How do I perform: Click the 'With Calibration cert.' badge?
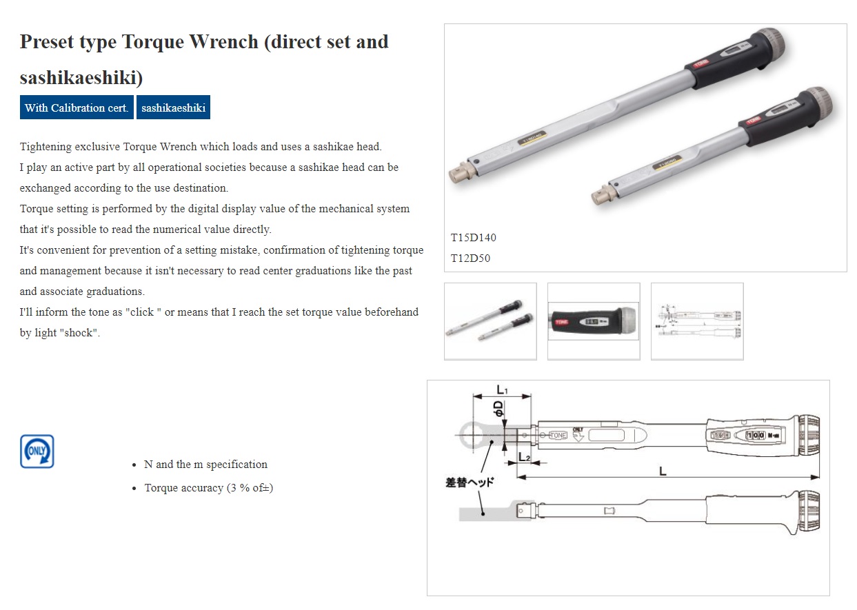77,108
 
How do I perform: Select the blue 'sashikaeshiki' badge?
173,108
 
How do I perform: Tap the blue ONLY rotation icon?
37,451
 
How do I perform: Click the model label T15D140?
474,238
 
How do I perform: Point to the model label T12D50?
471,258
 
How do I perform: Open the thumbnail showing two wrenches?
490,321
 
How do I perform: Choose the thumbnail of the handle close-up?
594,321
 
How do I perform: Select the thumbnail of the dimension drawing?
697,321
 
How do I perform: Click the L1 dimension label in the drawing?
502,390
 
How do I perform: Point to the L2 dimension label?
524,457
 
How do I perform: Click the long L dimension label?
663,471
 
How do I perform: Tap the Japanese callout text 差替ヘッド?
470,482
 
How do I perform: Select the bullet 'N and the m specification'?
205,465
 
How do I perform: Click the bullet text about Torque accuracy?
208,488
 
